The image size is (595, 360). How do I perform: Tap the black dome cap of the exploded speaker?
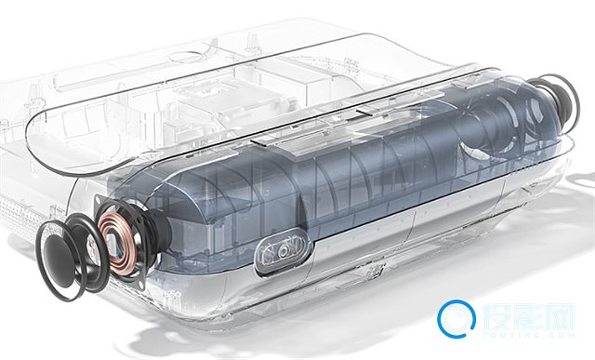click(x=57, y=260)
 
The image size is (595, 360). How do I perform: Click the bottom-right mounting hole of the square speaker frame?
click(x=140, y=284)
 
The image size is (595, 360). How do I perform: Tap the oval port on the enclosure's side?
click(x=284, y=250)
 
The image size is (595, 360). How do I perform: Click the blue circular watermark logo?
click(x=456, y=318)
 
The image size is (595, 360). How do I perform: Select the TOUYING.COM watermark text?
click(x=528, y=335)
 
